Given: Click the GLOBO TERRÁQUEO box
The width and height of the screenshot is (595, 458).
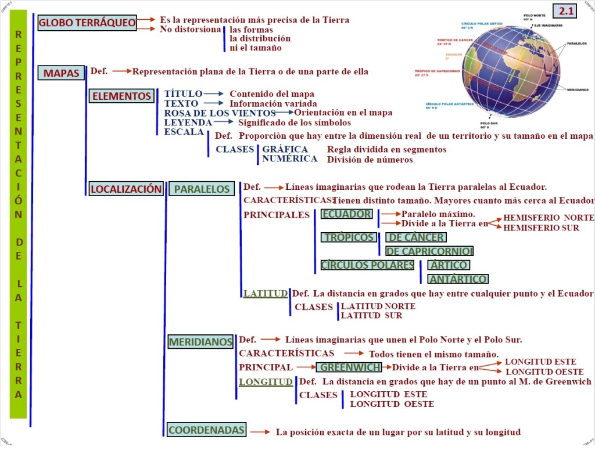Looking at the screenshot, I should click(87, 23).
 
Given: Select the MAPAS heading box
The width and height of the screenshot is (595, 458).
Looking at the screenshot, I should click(61, 73).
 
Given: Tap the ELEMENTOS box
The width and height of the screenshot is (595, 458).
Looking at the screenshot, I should click(121, 96).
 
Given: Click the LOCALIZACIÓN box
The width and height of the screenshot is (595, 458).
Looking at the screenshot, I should click(126, 189).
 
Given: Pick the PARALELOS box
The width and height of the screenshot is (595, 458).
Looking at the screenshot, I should click(202, 189).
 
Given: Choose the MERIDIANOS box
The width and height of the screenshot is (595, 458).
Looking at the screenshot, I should click(200, 342).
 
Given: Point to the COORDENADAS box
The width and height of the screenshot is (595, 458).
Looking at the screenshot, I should click(206, 430).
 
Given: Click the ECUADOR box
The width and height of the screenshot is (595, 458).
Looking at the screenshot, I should click(346, 214).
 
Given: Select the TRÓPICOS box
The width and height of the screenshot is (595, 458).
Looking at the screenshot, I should click(349, 237).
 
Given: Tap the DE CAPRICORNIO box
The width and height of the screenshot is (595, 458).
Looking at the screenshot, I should click(429, 251).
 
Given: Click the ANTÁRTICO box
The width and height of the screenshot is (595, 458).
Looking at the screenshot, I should click(458, 279).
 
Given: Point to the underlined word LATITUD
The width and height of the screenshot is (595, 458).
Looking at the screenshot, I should click(266, 294).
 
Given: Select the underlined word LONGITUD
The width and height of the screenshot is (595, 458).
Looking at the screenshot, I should click(266, 382).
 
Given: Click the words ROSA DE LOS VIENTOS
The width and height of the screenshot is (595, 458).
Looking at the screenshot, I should click(220, 113).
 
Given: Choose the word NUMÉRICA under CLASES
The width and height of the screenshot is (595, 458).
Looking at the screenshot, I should click(289, 158).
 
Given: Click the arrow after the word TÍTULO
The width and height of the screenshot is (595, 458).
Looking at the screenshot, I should click(214, 93).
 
